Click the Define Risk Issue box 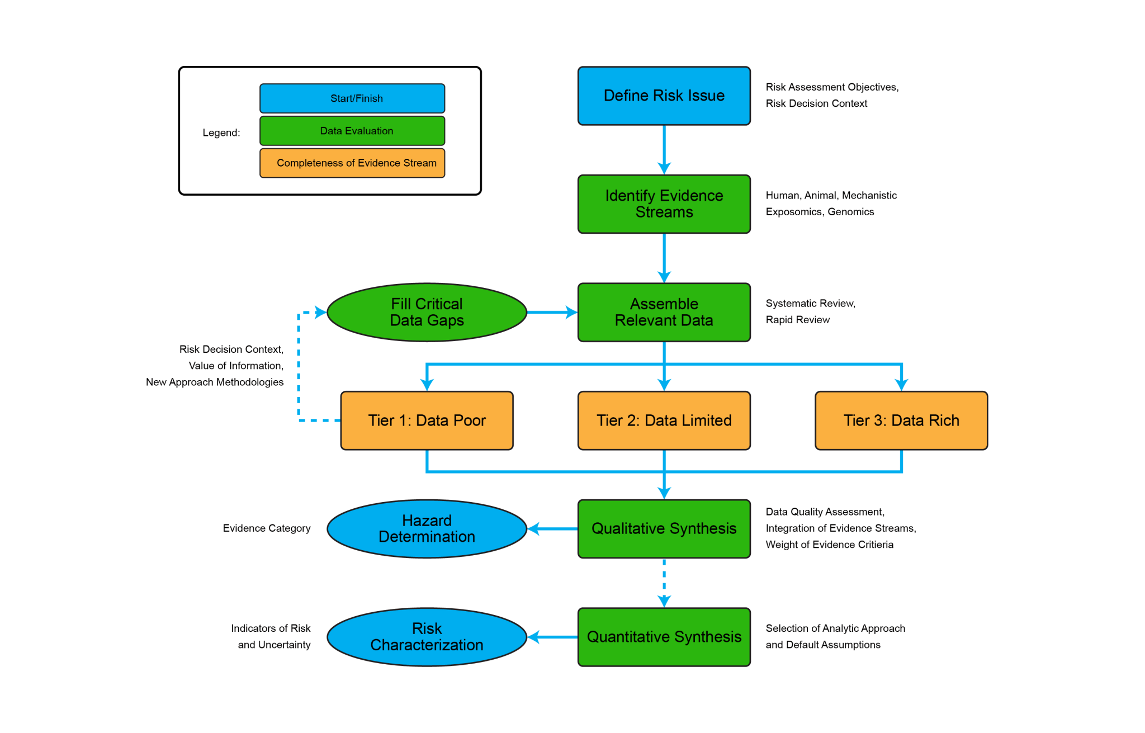664,96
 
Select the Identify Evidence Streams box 664,204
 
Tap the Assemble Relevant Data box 664,312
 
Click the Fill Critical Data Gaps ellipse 427,312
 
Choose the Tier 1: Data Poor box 427,420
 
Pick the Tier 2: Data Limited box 664,420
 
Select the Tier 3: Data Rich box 901,420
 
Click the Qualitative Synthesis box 664,528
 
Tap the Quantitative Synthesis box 664,637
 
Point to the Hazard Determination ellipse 427,528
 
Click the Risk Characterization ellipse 427,637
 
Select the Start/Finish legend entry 352,98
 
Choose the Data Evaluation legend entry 352,131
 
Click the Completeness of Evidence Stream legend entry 352,163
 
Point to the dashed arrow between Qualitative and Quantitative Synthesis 664,581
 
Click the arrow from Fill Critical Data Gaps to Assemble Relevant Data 551,312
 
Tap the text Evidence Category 266,528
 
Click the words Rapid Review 797,320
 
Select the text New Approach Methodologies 215,382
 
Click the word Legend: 221,133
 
